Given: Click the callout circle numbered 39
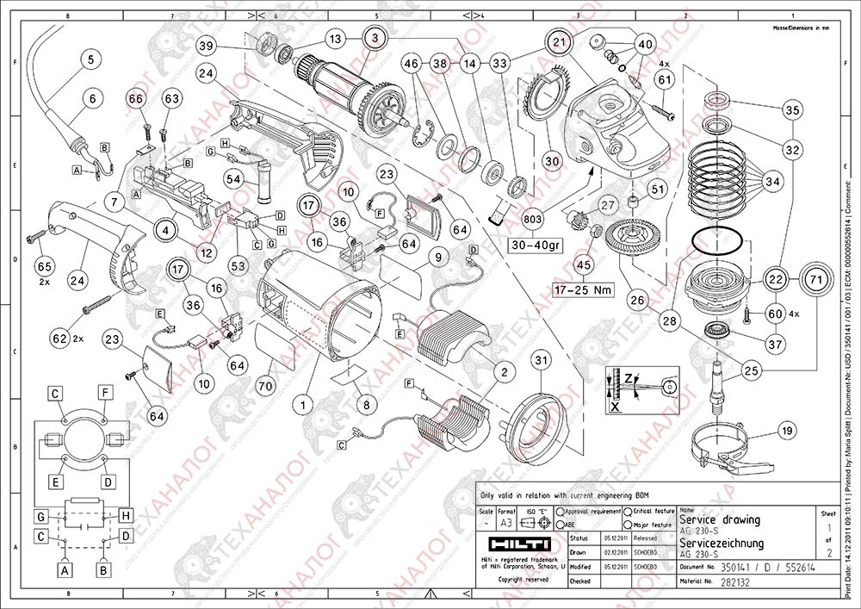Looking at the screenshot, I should coord(205,46).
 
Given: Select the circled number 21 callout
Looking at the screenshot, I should coord(560,42).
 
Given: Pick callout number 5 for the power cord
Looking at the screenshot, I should coord(90,60).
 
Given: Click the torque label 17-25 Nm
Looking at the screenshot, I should coord(584,290).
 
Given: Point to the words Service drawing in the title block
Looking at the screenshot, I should coord(720,519).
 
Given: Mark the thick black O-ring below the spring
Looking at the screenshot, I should coord(720,241).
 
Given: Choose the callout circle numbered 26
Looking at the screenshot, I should coord(638,301).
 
